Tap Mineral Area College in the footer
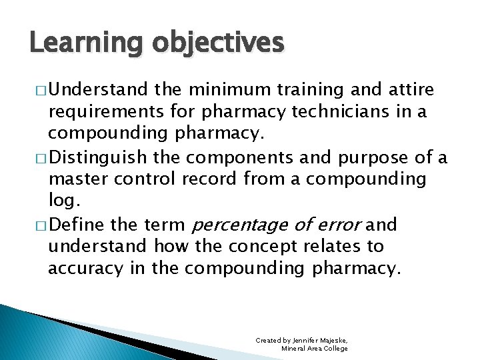(314, 349)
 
